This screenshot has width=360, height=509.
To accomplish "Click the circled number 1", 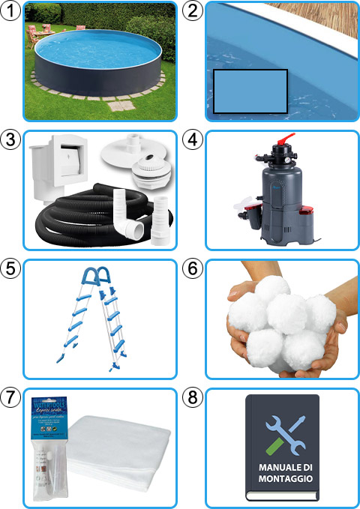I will click(x=10, y=10).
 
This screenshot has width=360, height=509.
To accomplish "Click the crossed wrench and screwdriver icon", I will click(x=282, y=433).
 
